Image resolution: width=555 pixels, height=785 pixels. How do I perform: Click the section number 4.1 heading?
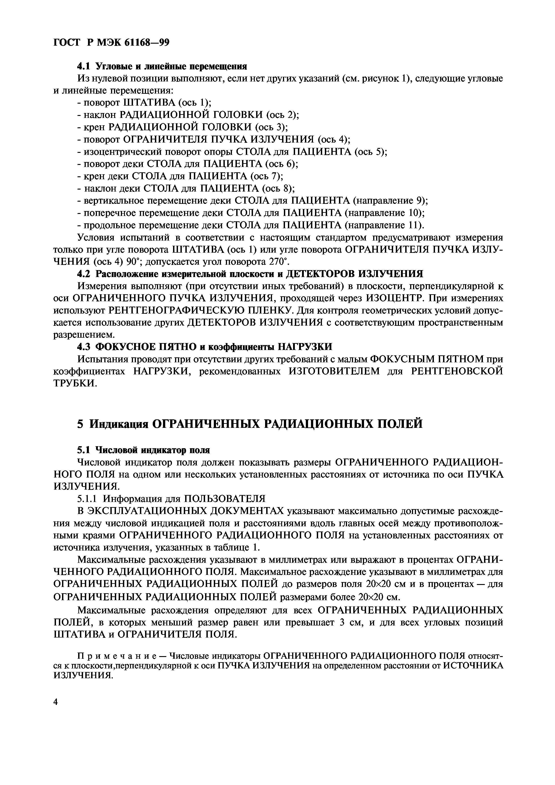pyautogui.click(x=84, y=66)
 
